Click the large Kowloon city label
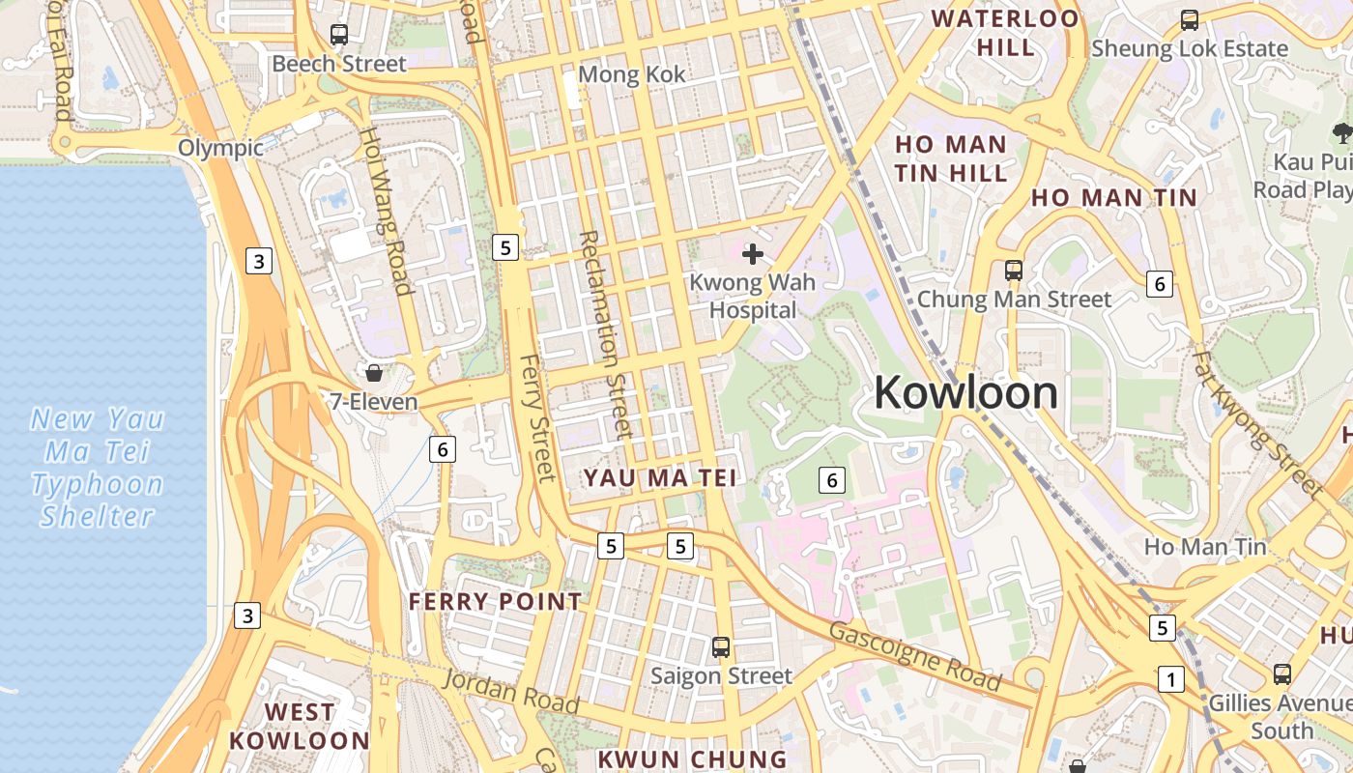(965, 393)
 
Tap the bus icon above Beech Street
(339, 35)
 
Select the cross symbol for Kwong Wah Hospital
(753, 254)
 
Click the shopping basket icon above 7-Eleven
(374, 372)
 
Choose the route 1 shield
(1171, 680)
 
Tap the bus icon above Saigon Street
(721, 647)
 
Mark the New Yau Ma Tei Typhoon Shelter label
(98, 467)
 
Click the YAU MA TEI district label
(660, 477)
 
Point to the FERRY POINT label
(495, 602)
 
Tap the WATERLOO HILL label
(1005, 32)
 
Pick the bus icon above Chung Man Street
(1014, 271)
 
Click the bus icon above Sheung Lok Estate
(1190, 19)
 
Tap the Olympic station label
(221, 148)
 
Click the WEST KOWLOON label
(300, 727)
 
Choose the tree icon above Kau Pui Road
(1341, 133)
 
